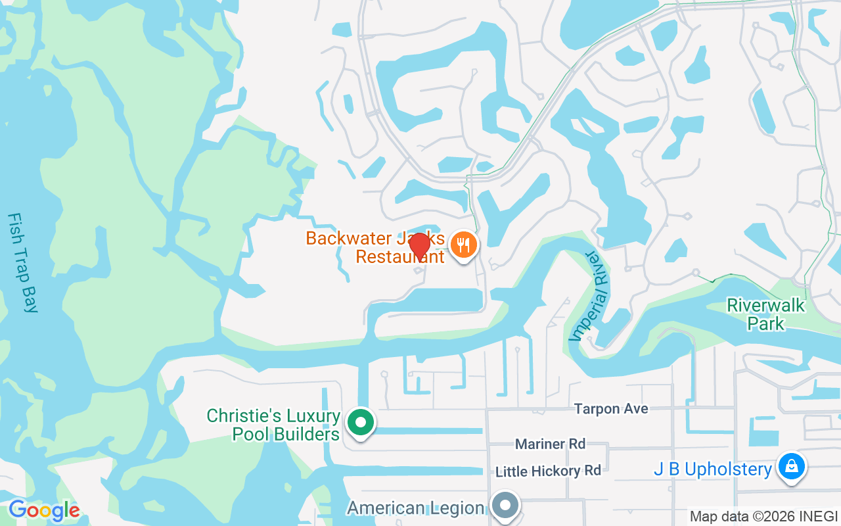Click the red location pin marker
pyautogui.click(x=419, y=247)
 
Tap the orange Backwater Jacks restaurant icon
pyautogui.click(x=464, y=245)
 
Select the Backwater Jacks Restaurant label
pyautogui.click(x=376, y=247)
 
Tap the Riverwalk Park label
pyautogui.click(x=756, y=314)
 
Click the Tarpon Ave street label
pyautogui.click(x=611, y=409)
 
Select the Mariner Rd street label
pyautogui.click(x=550, y=444)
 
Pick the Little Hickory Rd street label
pyautogui.click(x=548, y=471)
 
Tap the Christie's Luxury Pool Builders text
pyautogui.click(x=273, y=425)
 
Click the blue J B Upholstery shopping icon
pyautogui.click(x=792, y=467)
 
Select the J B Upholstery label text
pyautogui.click(x=712, y=469)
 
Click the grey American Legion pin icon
pyautogui.click(x=505, y=506)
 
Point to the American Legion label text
pyautogui.click(x=415, y=508)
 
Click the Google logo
pyautogui.click(x=43, y=510)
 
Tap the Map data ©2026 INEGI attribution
pyautogui.click(x=763, y=516)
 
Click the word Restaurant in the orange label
pyautogui.click(x=400, y=256)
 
